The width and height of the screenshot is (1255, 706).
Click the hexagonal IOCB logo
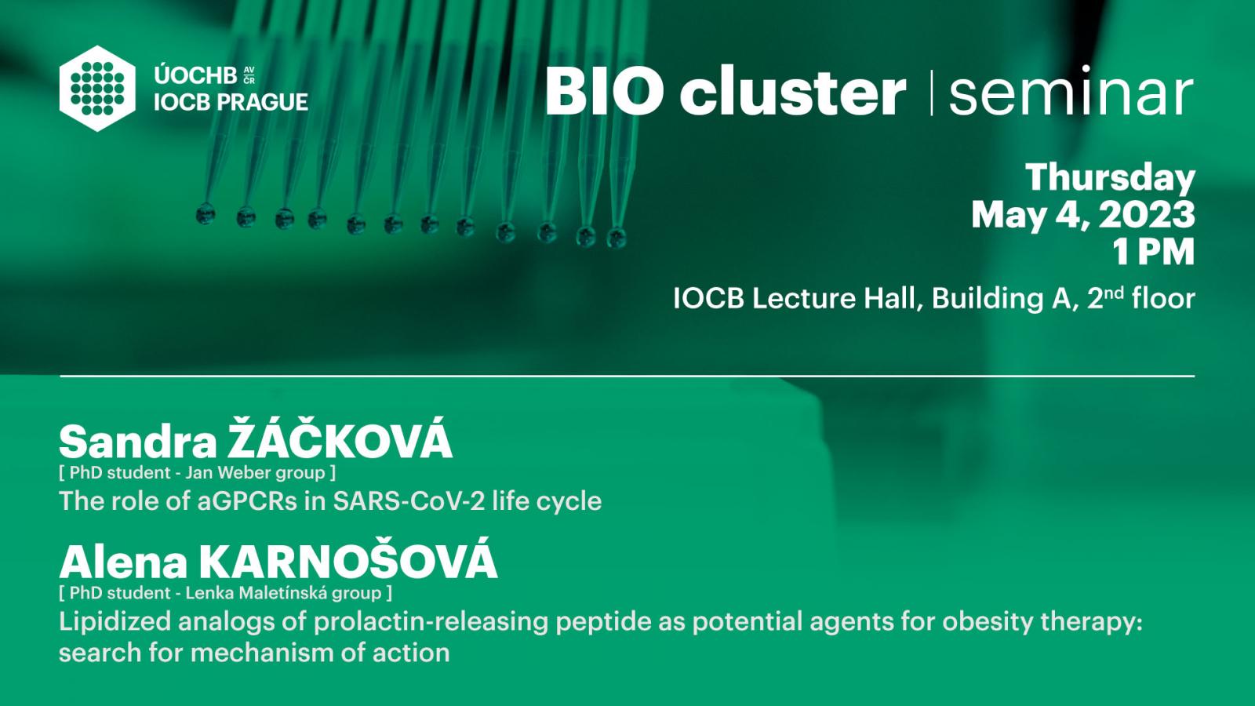pyautogui.click(x=97, y=89)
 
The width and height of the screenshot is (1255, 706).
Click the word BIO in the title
pyautogui.click(x=602, y=91)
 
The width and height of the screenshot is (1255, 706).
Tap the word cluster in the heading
pyautogui.click(x=792, y=90)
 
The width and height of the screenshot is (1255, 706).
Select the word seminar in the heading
pyautogui.click(x=1071, y=92)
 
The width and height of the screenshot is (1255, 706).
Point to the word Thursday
pyautogui.click(x=1111, y=179)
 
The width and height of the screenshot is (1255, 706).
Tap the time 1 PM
pyautogui.click(x=1153, y=252)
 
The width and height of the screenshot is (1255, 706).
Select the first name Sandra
pyautogui.click(x=138, y=442)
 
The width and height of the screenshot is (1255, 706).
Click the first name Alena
pyautogui.click(x=123, y=562)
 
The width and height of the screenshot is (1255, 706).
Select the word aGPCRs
pyautogui.click(x=247, y=501)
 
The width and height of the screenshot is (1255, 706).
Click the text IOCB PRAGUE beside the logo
pyautogui.click(x=231, y=102)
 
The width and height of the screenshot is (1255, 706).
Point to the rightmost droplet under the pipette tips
pyautogui.click(x=617, y=238)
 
